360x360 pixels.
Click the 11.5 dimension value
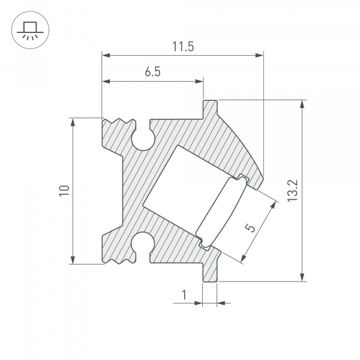click(x=183, y=47)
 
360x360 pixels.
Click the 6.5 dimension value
click(x=152, y=71)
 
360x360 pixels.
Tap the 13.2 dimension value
click(x=293, y=191)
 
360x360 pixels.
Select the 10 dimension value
click(x=64, y=190)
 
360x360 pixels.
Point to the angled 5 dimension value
click(x=250, y=228)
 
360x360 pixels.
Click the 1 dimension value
click(x=184, y=295)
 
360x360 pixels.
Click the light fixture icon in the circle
click(x=30, y=31)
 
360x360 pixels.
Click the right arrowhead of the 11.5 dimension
click(x=260, y=55)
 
